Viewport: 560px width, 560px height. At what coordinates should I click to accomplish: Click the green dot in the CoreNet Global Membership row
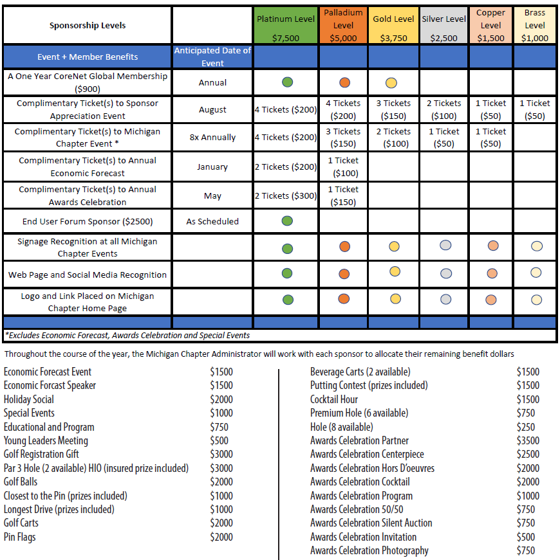tap(287, 82)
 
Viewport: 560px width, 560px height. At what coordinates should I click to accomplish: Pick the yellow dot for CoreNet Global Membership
tap(391, 82)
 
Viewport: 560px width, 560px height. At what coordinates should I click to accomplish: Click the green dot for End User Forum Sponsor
tap(287, 221)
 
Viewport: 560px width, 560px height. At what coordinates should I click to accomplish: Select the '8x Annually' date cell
tap(212, 138)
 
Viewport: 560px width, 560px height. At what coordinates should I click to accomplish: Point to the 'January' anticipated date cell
tap(212, 167)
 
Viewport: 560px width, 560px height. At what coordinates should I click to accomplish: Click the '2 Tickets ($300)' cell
tap(286, 195)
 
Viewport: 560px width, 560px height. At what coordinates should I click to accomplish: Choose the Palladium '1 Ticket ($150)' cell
tap(343, 195)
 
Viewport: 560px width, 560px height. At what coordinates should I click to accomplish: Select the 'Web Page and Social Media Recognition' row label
tap(88, 275)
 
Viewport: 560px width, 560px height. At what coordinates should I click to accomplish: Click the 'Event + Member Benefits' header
tap(88, 57)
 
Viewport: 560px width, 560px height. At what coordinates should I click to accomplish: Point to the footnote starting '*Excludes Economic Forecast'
tap(127, 335)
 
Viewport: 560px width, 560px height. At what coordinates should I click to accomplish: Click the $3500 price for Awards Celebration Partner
tap(528, 440)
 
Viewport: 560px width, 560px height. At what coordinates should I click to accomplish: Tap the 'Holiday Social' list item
tap(29, 399)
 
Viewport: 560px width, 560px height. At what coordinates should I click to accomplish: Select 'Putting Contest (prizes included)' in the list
tap(369, 385)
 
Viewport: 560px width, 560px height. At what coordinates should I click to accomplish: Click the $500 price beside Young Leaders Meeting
tap(219, 440)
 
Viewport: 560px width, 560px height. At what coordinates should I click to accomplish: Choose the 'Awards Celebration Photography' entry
tap(369, 550)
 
